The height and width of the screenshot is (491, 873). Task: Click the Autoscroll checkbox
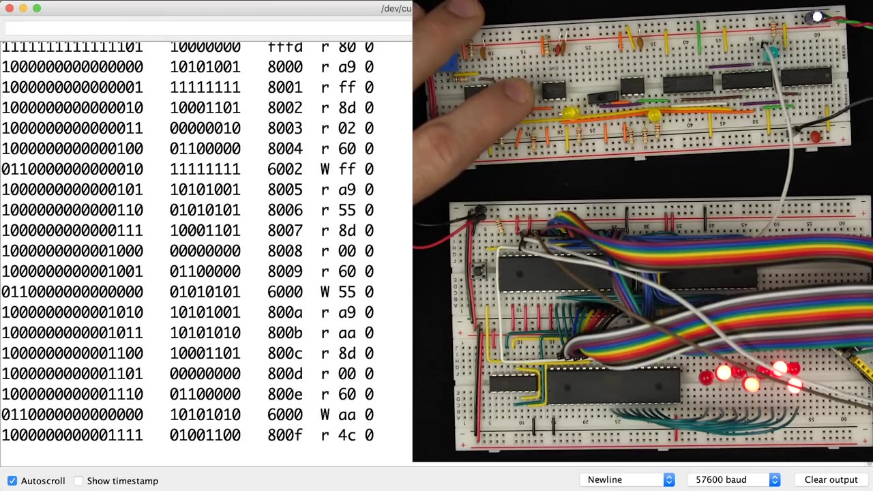tap(12, 481)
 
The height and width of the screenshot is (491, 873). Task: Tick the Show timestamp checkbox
tap(78, 481)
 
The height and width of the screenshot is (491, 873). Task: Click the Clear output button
tap(831, 479)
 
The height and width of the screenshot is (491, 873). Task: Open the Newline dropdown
tap(627, 479)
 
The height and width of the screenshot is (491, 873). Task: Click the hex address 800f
tap(285, 435)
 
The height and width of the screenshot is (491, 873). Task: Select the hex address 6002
tap(285, 169)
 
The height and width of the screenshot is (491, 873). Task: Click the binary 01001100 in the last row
tap(205, 435)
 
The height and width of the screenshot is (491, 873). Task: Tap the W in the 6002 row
tap(325, 169)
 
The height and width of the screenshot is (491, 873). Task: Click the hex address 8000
tap(285, 67)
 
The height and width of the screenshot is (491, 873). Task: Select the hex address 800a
tap(285, 312)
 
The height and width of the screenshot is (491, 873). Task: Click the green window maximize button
tap(37, 8)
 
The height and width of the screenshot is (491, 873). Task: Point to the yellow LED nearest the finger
tap(570, 113)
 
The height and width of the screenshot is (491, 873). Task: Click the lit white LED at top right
tap(816, 17)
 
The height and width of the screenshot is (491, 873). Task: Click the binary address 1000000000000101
tap(72, 190)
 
